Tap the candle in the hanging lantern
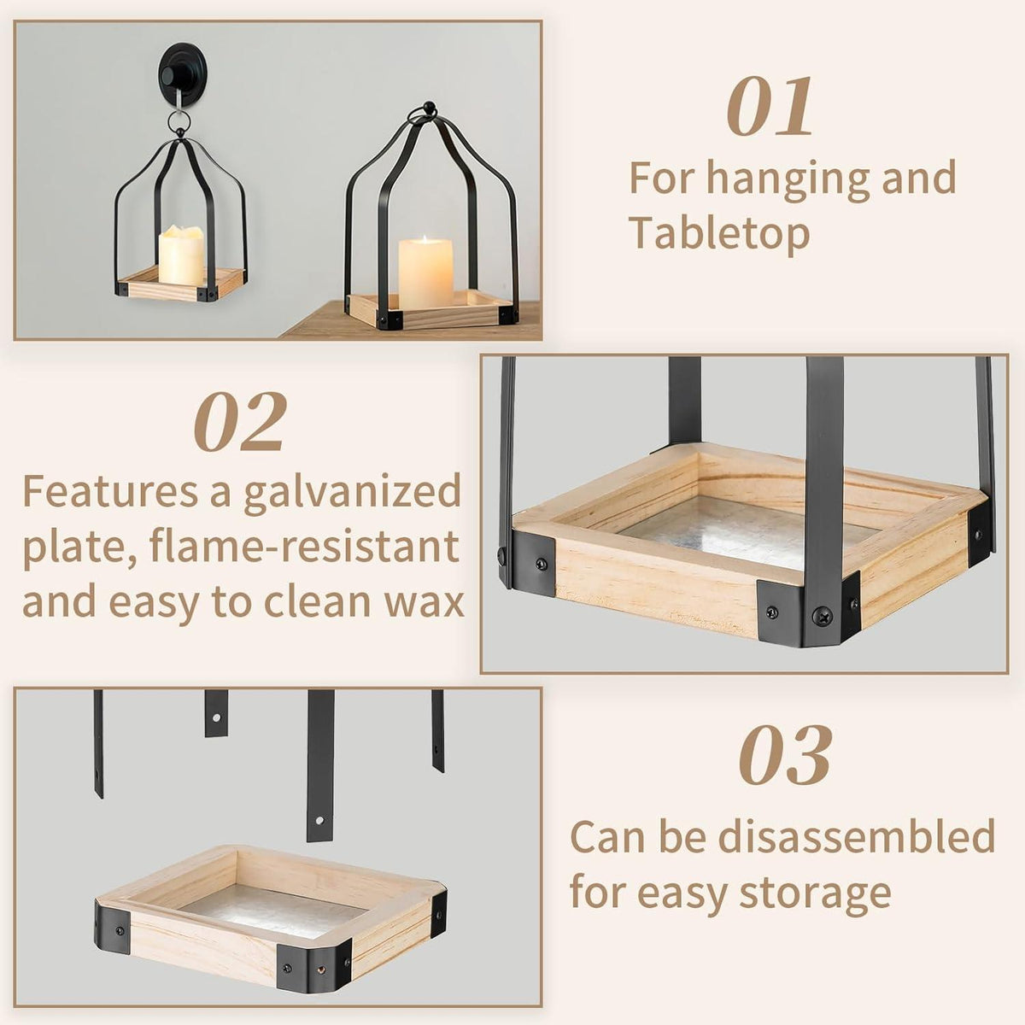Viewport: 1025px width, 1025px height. [181, 255]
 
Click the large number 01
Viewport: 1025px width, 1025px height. [770, 107]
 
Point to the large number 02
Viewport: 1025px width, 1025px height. [240, 422]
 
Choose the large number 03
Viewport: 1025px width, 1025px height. [785, 755]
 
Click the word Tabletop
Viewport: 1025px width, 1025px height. [719, 233]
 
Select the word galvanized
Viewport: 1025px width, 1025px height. [352, 494]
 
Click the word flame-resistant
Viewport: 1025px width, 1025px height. [305, 547]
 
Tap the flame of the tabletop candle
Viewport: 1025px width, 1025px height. [425, 239]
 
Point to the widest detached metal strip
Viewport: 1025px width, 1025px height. [320, 765]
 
